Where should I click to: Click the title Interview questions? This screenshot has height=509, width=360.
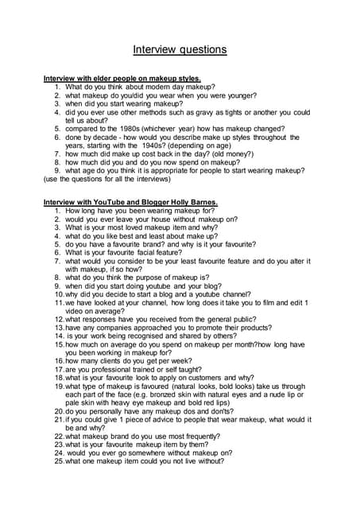180,49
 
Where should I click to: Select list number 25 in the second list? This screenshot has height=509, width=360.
59,460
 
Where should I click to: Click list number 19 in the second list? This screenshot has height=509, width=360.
59,386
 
